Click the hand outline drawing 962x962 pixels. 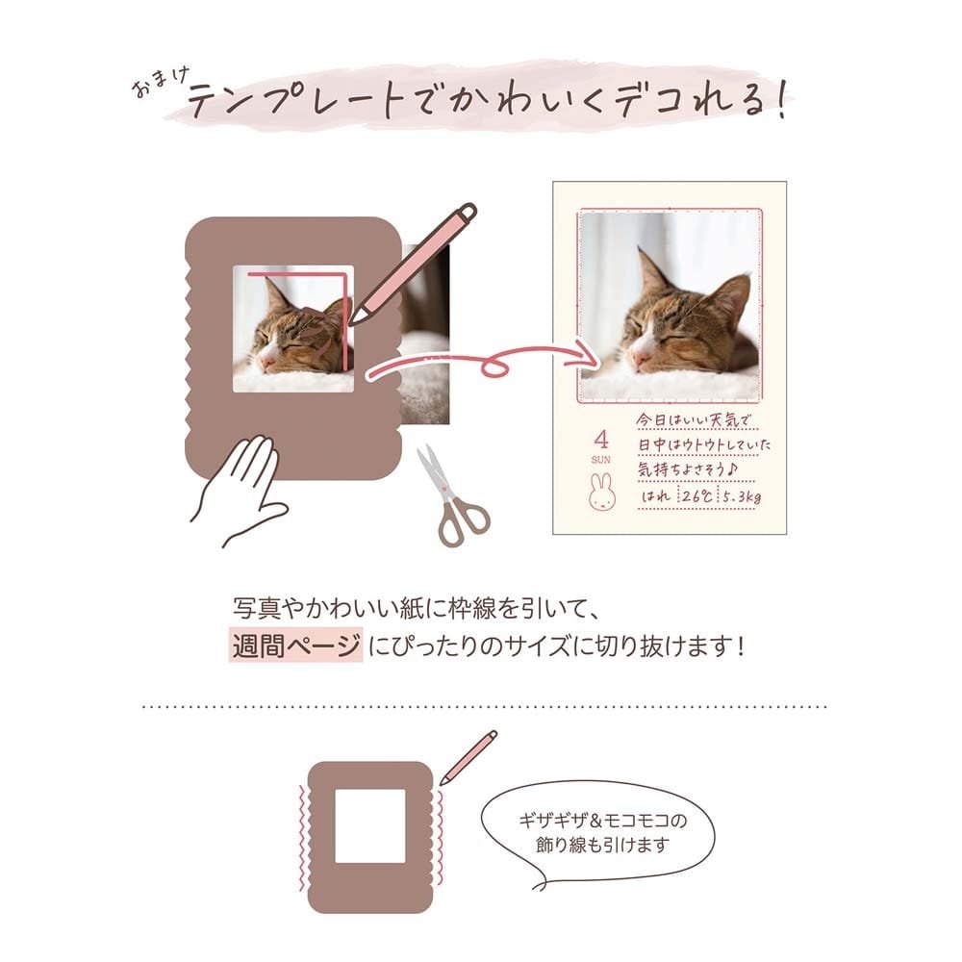(242, 491)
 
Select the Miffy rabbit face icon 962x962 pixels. (601, 491)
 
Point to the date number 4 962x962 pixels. (601, 440)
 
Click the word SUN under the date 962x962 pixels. (600, 460)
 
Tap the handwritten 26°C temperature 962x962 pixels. (696, 495)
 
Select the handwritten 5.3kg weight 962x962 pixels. (741, 496)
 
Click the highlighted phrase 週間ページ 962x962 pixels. (295, 645)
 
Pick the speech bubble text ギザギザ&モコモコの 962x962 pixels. (603, 821)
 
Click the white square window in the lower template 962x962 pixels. (370, 826)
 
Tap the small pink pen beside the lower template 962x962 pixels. (468, 757)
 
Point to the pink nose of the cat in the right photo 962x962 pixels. (641, 358)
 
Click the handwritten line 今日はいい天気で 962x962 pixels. (694, 420)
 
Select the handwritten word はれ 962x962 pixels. (656, 495)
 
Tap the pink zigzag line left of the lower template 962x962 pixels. (301, 838)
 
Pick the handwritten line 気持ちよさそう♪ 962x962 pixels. (687, 470)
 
